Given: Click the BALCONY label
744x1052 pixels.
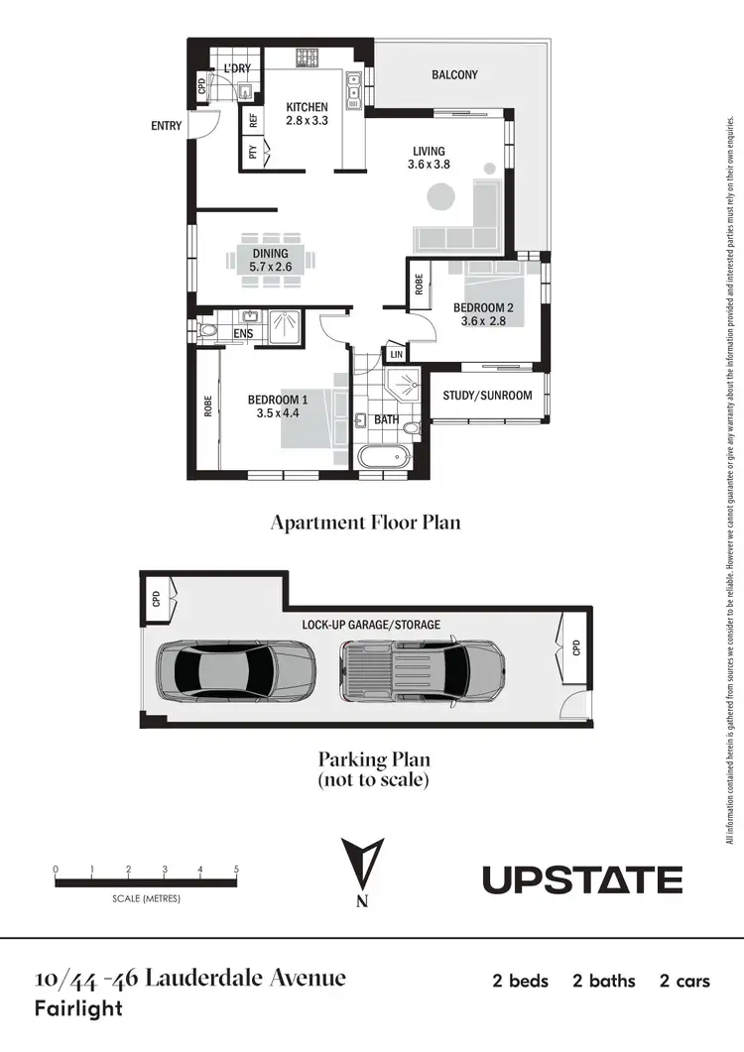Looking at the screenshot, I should coord(454,74).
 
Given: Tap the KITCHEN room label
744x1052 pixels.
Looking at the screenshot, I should coord(307,107).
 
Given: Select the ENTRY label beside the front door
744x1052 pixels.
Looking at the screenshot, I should coord(166,126).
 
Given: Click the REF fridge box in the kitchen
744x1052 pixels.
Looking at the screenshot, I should coord(254,121).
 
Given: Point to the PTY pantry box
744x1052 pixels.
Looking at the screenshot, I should coord(254,153).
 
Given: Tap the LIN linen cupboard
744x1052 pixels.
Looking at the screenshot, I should coord(397,354).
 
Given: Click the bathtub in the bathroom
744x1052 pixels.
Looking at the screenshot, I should coord(383,458).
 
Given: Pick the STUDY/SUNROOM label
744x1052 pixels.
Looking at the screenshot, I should coord(487,396).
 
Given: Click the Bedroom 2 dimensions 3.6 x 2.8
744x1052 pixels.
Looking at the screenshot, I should coord(484,320).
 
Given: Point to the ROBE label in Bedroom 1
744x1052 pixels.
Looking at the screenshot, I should coord(208,407).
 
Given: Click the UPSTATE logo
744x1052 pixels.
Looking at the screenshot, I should coord(582,879).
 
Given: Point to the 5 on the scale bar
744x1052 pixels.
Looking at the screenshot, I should coord(236,870).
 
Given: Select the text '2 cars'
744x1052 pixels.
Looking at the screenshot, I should coord(684,982).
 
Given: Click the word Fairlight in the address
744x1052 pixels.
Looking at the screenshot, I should coord(78,1009).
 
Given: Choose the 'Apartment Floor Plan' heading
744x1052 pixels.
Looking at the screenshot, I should coord(365,523).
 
